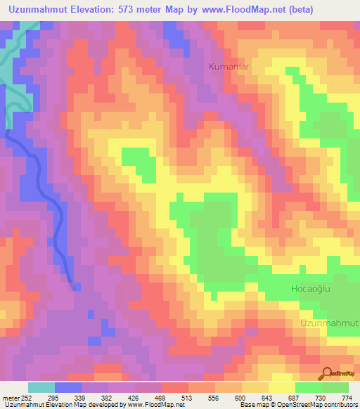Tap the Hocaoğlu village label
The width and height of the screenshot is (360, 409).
tap(311, 289)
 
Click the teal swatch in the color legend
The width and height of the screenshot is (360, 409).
tap(41, 387)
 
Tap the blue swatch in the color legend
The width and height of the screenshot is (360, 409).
tap(68, 387)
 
